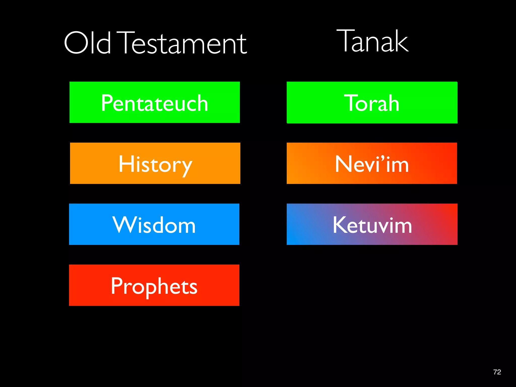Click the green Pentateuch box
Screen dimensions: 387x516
tap(154, 102)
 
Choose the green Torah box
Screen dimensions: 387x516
tap(372, 103)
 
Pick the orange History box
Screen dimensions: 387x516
tap(155, 163)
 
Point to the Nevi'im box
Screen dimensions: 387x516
tap(372, 163)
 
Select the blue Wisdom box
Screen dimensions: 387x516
tap(154, 224)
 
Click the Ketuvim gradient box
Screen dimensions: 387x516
tap(372, 224)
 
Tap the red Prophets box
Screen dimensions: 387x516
tap(154, 285)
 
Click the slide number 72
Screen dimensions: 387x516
tap(497, 372)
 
